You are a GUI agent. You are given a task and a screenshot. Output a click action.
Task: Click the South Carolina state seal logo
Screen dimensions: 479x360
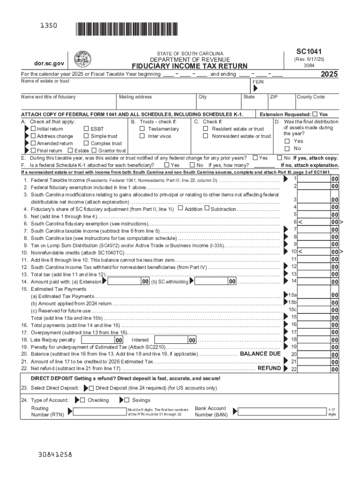coord(83,58)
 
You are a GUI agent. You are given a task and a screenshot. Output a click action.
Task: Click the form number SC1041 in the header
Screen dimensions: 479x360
coord(308,51)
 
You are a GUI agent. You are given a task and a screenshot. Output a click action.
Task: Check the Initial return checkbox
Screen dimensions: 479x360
coord(33,129)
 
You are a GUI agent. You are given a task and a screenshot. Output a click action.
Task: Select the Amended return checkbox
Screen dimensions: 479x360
coord(33,143)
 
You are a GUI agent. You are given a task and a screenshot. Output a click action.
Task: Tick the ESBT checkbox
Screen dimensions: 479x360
coord(86,129)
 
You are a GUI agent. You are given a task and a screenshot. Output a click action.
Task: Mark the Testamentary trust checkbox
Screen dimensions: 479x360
coord(142,129)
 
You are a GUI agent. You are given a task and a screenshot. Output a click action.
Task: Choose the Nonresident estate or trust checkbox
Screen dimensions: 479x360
coord(206,136)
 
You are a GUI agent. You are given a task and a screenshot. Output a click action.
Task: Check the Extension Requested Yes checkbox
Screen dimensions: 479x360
coord(315,114)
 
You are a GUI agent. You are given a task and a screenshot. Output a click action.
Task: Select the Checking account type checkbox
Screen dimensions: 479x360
coord(82,400)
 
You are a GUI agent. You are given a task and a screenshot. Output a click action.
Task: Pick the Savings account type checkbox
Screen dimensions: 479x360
coord(127,400)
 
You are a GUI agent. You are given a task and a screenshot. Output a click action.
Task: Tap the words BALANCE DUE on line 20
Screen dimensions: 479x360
coord(260,354)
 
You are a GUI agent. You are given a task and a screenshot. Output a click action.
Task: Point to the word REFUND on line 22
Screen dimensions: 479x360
coord(269,368)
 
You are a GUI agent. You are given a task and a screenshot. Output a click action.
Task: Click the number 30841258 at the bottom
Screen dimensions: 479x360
coord(56,454)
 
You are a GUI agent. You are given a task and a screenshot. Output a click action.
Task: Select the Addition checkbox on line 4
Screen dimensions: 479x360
coord(180,209)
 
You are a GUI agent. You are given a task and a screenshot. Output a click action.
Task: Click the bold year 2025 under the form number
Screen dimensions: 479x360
coord(329,74)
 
